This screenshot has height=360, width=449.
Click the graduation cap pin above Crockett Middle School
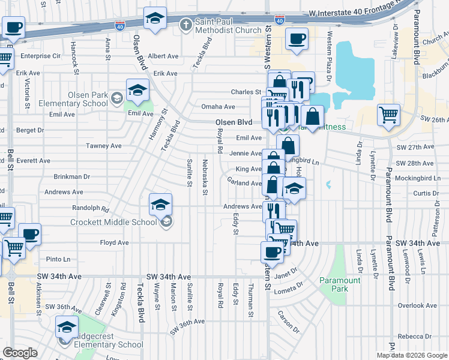160,205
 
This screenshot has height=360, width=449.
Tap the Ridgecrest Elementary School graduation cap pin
67,327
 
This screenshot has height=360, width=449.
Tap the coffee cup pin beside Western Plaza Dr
297,39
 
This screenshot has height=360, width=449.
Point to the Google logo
20,353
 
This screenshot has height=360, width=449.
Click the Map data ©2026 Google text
412,355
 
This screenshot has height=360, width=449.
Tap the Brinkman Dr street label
71,177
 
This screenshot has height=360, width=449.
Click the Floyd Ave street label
114,243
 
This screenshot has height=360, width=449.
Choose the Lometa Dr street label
292,290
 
